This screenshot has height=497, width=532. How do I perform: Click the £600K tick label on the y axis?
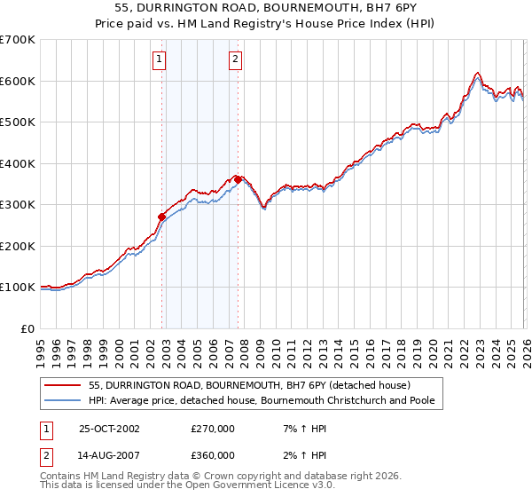click(x=17, y=81)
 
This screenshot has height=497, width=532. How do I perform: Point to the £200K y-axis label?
click(x=17, y=246)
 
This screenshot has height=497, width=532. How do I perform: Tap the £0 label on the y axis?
click(x=27, y=328)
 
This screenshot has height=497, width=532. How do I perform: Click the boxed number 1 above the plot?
click(x=159, y=60)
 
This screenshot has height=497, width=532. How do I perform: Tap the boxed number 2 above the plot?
click(x=235, y=60)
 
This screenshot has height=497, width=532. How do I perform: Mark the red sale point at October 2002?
click(x=162, y=217)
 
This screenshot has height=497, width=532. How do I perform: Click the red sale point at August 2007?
click(x=238, y=179)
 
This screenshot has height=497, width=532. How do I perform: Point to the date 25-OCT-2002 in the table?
click(x=109, y=429)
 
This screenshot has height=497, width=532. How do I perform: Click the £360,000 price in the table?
click(x=213, y=455)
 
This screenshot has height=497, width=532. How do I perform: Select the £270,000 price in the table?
click(x=213, y=429)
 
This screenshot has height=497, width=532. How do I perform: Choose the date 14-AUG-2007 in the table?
click(x=109, y=455)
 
